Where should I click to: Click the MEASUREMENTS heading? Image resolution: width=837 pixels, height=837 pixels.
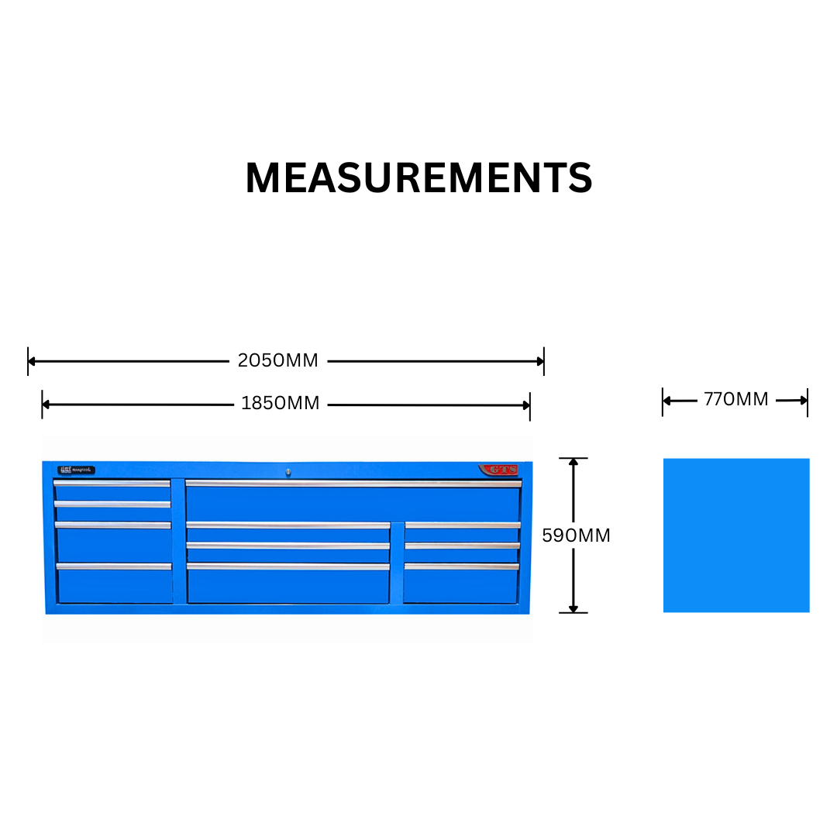(x=418, y=178)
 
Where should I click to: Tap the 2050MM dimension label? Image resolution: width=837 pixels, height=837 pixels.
(x=277, y=360)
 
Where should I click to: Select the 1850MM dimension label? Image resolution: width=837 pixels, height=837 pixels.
(x=280, y=404)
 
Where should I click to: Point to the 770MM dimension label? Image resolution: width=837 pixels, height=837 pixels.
(x=735, y=400)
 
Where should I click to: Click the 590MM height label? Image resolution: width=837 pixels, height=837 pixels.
(x=576, y=536)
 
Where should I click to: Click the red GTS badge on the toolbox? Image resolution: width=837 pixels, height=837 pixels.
(x=498, y=470)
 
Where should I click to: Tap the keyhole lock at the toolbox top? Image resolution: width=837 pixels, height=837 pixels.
(x=288, y=470)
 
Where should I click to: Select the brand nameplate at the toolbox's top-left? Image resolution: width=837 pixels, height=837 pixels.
(x=76, y=470)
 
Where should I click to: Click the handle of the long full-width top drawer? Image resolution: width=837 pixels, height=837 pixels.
(x=353, y=484)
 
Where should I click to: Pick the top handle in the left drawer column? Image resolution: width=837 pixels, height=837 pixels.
(x=112, y=483)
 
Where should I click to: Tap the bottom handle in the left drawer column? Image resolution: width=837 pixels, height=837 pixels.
(x=113, y=567)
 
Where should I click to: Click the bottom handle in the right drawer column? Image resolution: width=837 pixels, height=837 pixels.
(x=461, y=567)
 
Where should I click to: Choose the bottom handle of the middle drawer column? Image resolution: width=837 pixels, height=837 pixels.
(x=288, y=567)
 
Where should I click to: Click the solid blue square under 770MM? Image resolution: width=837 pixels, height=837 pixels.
(x=736, y=535)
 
